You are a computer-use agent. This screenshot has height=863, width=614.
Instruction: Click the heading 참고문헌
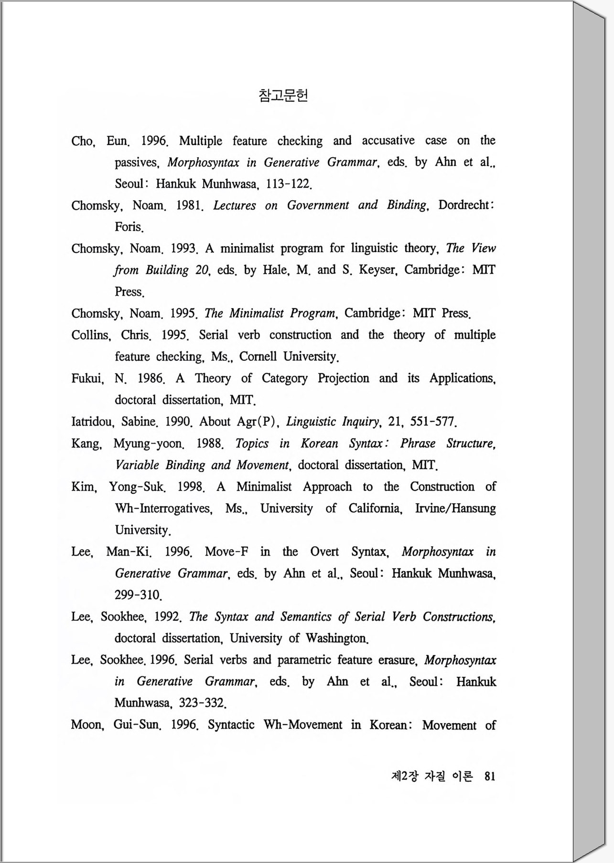[x=283, y=96]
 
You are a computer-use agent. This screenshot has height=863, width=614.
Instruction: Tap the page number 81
[x=490, y=776]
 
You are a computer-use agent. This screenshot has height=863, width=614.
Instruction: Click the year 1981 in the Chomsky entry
[x=190, y=205]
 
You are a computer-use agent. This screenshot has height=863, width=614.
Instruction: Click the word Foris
[x=129, y=227]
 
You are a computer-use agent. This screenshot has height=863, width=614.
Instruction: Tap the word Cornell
[x=258, y=356]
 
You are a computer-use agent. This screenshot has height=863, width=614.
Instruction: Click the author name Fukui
[x=87, y=378]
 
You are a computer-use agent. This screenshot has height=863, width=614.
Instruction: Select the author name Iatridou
[x=92, y=422]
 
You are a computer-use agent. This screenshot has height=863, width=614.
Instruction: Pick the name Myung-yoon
[x=148, y=443]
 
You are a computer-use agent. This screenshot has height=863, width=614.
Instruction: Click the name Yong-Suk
[x=137, y=487]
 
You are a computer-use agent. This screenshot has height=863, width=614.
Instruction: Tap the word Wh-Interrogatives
[x=163, y=508]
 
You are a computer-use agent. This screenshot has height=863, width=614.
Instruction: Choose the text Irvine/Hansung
[x=455, y=508]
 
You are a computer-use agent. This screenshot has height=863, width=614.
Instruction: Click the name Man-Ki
[x=129, y=552]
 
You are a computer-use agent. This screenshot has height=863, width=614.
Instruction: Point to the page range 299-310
[x=138, y=595]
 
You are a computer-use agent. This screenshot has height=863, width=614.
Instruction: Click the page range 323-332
[x=202, y=703]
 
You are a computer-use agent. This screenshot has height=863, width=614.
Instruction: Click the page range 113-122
[x=289, y=183]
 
